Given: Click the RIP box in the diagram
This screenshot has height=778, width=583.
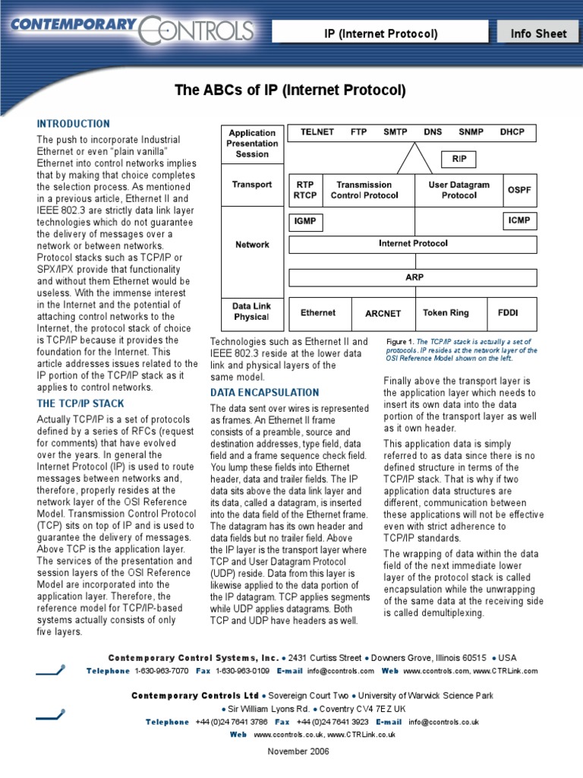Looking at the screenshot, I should coord(459,160).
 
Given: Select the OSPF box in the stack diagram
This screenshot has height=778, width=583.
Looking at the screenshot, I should coord(519,190).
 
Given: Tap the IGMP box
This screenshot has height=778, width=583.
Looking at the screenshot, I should coord(304,222).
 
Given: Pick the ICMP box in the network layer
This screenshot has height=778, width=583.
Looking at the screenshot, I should coord(519,221).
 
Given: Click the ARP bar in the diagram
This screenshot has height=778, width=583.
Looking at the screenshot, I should coord(414,277).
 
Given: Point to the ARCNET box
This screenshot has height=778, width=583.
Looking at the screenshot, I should coord(383,314).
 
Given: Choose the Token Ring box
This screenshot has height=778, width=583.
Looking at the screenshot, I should coord(446,313).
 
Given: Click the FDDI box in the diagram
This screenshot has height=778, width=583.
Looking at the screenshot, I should coord(507,313).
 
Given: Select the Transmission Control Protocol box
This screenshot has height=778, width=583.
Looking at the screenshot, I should coord(364,190).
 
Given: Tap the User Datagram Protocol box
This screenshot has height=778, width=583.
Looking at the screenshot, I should coord(458,190).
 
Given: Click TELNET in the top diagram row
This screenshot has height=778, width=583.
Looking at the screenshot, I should coord(317,132).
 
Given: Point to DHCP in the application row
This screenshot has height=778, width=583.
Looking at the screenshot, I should coord(512,132).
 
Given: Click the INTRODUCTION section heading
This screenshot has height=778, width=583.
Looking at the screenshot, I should coord(74,124).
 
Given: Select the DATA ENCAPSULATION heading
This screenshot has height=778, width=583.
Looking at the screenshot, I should coord(264,393).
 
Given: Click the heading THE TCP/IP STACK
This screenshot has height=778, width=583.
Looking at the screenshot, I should coord(80,403).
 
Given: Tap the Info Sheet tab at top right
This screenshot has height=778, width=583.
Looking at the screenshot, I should coord(538,33).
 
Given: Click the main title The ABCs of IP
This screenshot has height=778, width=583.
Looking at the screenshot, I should coord(291,90).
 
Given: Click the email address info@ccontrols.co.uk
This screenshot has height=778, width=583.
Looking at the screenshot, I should coord(443,722).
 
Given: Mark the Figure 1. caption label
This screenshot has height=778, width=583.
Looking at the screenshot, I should coord(400,342).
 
